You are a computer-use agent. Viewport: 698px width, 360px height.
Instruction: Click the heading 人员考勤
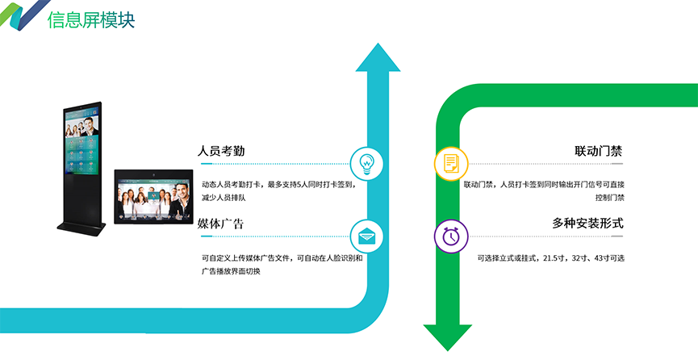pyautogui.click(x=220, y=151)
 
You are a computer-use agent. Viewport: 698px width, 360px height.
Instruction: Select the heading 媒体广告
pyautogui.click(x=220, y=223)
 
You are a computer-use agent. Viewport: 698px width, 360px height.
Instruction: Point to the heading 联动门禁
pyautogui.click(x=599, y=151)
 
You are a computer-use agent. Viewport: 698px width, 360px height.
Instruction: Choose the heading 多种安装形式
pyautogui.click(x=587, y=223)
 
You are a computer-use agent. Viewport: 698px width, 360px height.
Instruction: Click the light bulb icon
pyautogui.click(x=367, y=163)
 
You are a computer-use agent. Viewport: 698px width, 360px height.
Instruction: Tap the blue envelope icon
pyautogui.click(x=367, y=236)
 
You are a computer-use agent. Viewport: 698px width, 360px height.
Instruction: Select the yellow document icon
pyautogui.click(x=451, y=163)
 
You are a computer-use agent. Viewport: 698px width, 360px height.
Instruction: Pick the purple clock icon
pyautogui.click(x=451, y=236)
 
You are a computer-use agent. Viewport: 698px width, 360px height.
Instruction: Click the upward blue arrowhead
pyautogui.click(x=378, y=58)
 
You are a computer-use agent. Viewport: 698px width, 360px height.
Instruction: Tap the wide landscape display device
pyautogui.click(x=153, y=195)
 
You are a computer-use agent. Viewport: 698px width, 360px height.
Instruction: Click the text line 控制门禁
pyautogui.click(x=609, y=197)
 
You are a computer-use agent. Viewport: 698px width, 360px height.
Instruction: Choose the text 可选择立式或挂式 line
pyautogui.click(x=550, y=258)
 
